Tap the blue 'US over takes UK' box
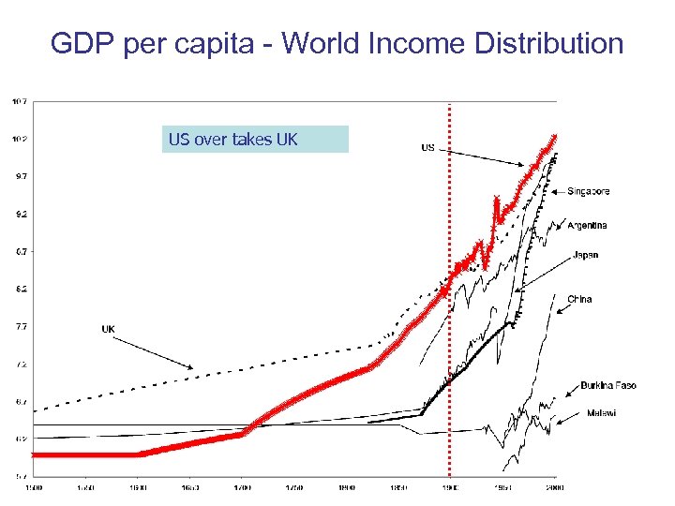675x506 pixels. point(255,140)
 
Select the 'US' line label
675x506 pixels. point(427,147)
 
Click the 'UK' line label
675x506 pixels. point(109,329)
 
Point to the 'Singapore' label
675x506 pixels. point(588,191)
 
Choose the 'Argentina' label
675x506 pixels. point(587,225)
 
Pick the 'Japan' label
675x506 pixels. point(585,255)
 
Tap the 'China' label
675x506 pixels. point(579,299)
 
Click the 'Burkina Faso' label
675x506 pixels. point(607,385)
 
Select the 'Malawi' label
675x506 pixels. point(601,413)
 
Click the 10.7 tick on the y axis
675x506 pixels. point(19,100)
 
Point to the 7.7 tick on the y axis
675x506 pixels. point(19,327)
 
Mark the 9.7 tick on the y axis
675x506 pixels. point(19,176)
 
